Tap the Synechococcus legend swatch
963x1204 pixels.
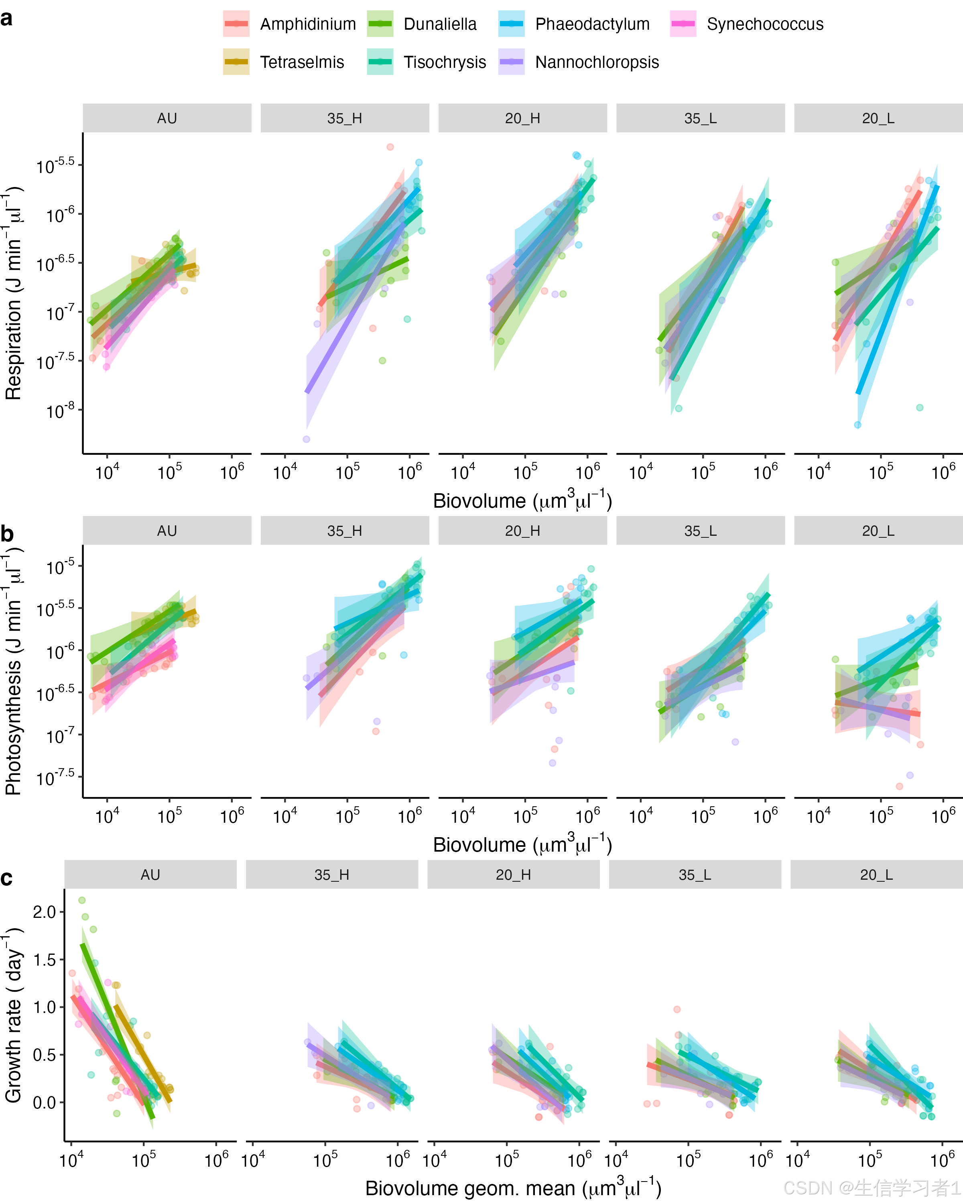(x=683, y=24)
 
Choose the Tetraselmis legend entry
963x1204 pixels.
(x=301, y=62)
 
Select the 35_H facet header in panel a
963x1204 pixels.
(x=344, y=118)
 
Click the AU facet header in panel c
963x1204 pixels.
(x=150, y=875)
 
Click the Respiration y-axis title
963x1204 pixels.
(x=13, y=293)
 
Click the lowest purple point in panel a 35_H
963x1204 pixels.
(x=306, y=439)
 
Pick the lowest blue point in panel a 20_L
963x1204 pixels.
(x=857, y=425)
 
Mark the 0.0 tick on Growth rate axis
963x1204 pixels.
(x=44, y=1103)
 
